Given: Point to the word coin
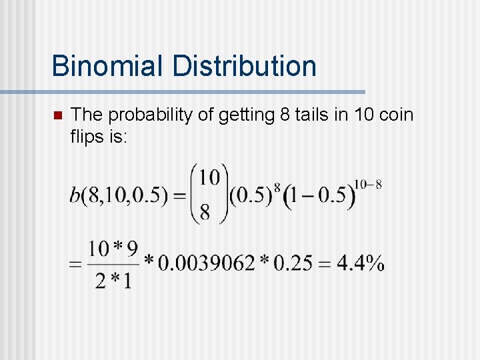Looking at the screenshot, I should pyautogui.click(x=396, y=115).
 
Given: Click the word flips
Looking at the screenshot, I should pyautogui.click(x=87, y=137).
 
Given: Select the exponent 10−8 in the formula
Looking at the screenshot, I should pyautogui.click(x=368, y=184).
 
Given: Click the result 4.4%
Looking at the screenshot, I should pyautogui.click(x=360, y=263).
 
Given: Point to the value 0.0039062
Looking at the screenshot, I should pyautogui.click(x=206, y=263).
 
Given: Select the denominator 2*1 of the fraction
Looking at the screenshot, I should pyautogui.click(x=113, y=280).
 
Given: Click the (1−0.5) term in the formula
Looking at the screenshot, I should pyautogui.click(x=319, y=197).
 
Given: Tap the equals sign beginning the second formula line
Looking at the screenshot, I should pyautogui.click(x=75, y=264).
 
